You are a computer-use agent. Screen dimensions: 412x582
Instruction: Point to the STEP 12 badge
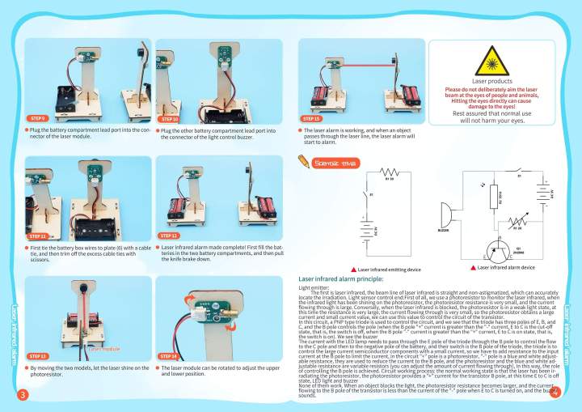point(171,236)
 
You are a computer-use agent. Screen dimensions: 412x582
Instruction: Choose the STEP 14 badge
point(171,355)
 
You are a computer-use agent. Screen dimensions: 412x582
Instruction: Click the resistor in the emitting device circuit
point(390,172)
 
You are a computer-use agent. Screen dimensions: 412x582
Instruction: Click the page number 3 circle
point(23,393)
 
